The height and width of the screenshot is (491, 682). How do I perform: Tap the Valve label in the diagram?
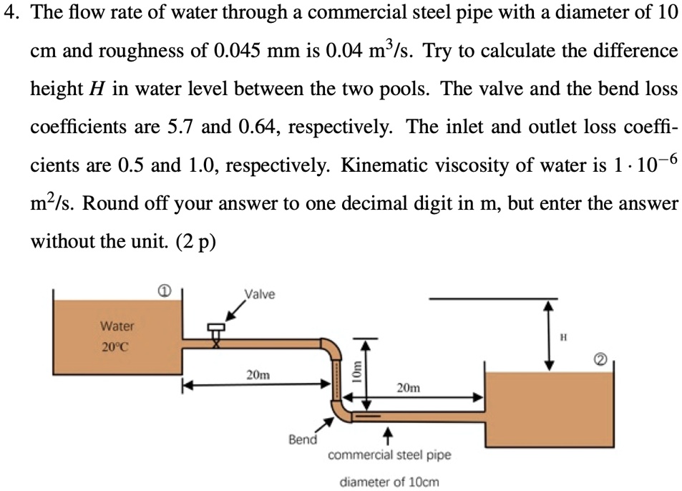(259, 294)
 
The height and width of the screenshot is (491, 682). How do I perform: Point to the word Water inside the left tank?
(117, 326)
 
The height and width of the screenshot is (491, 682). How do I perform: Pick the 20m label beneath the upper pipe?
(258, 374)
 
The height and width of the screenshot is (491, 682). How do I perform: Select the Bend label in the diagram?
(302, 439)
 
